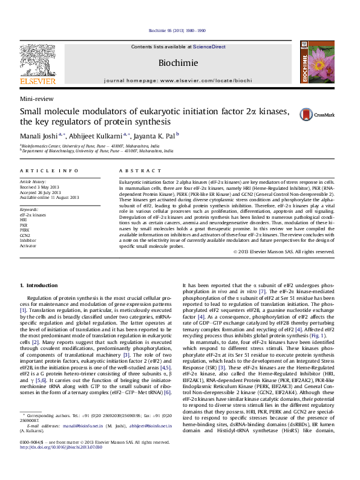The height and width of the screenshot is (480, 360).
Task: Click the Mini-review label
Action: (x=35, y=99)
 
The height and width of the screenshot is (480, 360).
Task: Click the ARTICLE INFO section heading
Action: (x=49, y=172)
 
